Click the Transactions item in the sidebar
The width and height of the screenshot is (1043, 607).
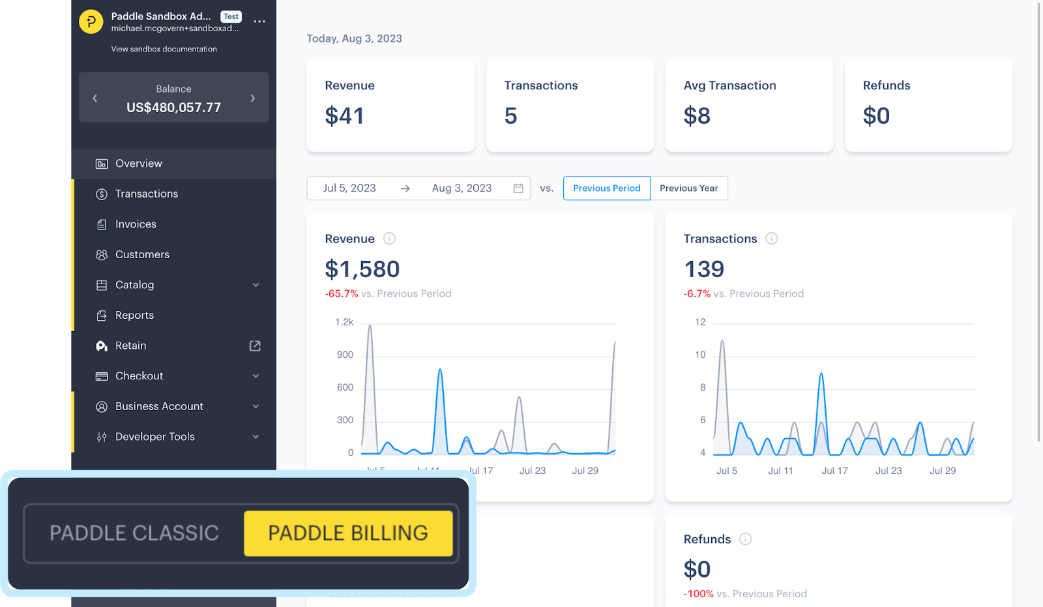(x=146, y=194)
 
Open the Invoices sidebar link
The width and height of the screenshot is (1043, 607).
(x=136, y=224)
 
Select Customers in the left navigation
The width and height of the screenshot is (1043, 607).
(x=142, y=254)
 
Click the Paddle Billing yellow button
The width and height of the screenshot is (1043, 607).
(x=348, y=533)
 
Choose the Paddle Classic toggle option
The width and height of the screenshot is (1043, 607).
(x=134, y=533)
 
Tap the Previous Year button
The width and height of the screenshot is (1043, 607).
(x=688, y=188)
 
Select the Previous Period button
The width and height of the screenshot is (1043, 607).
(x=606, y=188)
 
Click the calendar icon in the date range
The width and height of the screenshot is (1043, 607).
(x=518, y=188)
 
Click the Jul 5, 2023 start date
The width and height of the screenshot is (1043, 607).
(x=349, y=188)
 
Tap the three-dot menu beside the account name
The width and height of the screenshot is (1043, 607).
(x=259, y=22)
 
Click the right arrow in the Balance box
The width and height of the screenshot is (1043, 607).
(x=253, y=98)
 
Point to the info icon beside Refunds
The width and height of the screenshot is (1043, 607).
(x=745, y=539)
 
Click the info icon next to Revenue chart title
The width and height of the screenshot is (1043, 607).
(x=389, y=239)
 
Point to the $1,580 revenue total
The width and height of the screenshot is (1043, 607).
(x=362, y=269)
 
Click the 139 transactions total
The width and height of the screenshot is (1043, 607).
(x=704, y=269)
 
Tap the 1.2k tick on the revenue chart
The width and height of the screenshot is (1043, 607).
(x=344, y=322)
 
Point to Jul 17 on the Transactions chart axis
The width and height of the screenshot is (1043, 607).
(x=834, y=471)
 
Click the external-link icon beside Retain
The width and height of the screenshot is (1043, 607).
(x=255, y=346)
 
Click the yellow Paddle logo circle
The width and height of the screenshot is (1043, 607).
(x=91, y=22)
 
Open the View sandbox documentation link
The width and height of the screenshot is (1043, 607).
(x=164, y=49)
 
